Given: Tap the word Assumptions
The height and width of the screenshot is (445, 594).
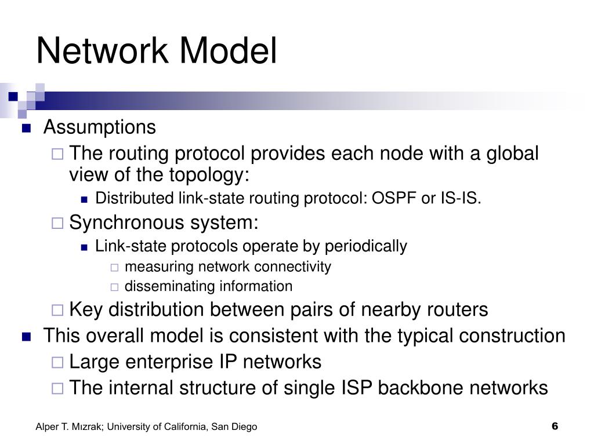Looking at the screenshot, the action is click(100, 127).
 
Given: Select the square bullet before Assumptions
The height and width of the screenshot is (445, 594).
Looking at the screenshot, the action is click(26, 128).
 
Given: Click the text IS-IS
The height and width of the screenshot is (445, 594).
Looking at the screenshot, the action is click(460, 199).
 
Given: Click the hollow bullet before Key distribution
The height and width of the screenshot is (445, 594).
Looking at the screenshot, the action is click(57, 310).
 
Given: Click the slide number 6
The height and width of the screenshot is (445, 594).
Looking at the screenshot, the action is click(555, 426).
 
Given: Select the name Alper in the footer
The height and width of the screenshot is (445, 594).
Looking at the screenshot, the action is click(47, 427).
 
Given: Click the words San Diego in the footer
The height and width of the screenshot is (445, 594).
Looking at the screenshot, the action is click(234, 427).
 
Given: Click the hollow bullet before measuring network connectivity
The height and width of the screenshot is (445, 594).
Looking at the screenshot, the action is click(114, 267).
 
